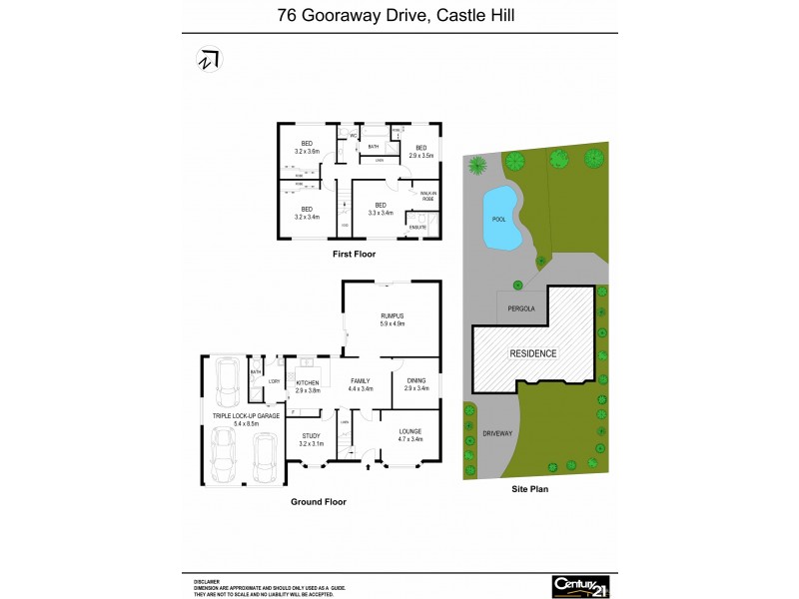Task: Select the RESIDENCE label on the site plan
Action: (x=534, y=353)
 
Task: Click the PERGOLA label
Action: (x=520, y=308)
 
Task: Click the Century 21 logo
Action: (x=581, y=585)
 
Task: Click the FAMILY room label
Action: (x=360, y=380)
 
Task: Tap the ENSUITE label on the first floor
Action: (x=416, y=228)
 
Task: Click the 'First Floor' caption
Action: (x=354, y=256)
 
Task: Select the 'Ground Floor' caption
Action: (x=319, y=502)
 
